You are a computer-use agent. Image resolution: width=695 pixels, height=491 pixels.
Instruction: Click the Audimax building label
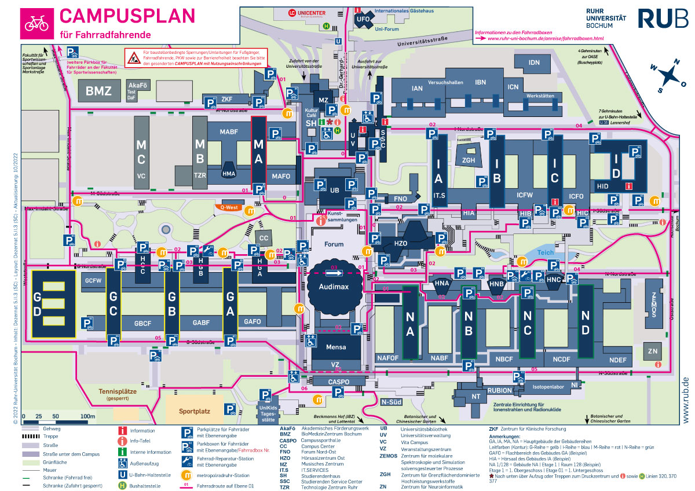click(336, 286)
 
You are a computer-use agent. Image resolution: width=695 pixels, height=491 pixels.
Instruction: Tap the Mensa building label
click(336, 347)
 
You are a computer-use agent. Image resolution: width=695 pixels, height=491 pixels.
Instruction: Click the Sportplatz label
click(194, 411)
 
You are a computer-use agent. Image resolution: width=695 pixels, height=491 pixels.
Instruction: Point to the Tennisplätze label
click(118, 391)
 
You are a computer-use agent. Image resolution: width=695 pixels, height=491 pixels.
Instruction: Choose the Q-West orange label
click(229, 206)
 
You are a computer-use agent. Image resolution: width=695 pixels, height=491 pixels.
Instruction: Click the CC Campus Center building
click(264, 237)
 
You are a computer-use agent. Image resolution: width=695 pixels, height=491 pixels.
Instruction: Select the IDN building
click(534, 63)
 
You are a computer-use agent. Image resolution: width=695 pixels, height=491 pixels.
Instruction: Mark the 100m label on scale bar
click(87, 416)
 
